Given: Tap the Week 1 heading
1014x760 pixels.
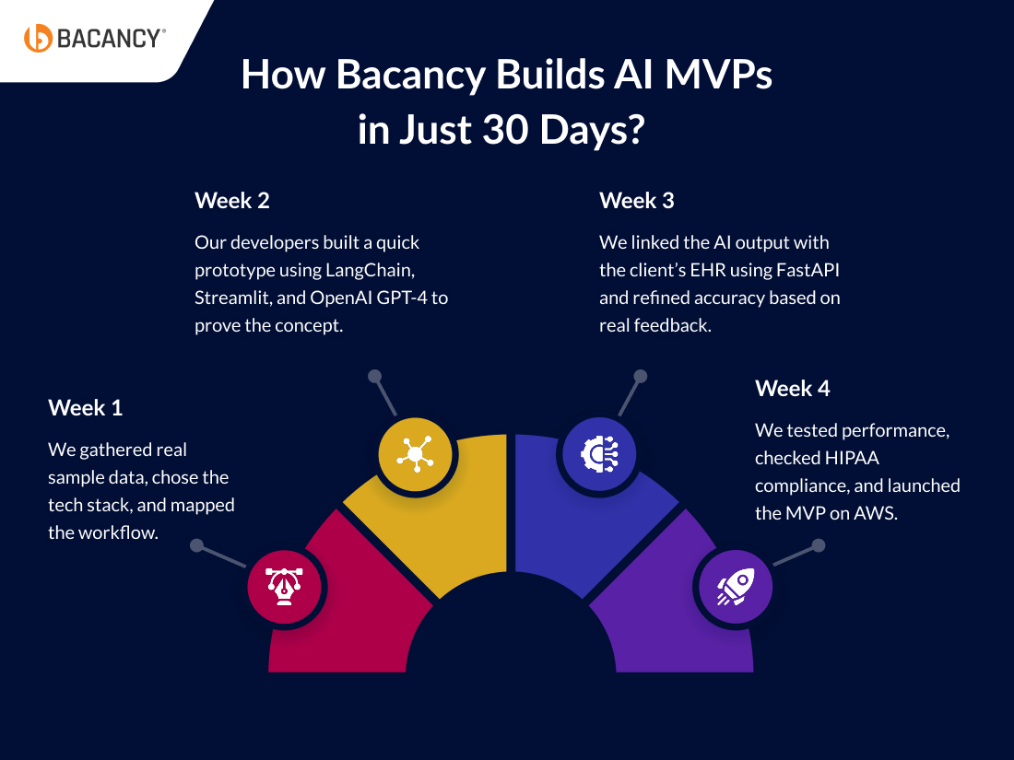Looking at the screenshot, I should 85,407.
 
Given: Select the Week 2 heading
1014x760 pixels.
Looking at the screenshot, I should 231,200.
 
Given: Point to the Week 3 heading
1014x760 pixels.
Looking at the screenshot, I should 636,200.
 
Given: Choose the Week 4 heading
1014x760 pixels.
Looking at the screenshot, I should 792,389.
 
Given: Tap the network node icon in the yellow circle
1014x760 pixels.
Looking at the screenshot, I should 416,454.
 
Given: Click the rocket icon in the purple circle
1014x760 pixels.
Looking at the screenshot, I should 735,586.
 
